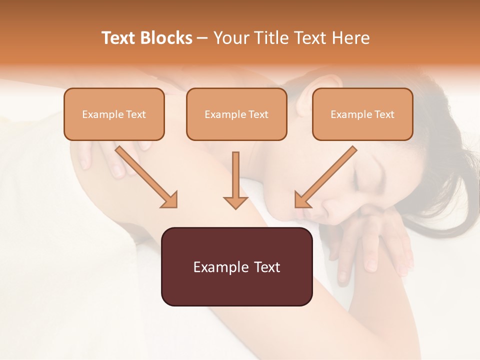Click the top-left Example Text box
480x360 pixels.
point(114,114)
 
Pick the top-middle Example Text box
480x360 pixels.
point(236,114)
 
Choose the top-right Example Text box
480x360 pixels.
point(362,114)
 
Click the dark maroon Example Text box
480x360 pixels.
point(236,266)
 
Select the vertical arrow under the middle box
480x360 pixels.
point(235,180)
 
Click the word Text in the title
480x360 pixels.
point(120,38)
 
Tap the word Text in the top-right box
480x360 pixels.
point(384,114)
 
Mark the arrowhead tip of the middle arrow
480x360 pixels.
point(235,208)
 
